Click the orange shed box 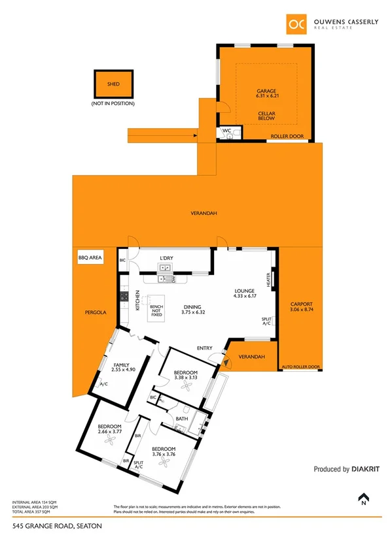113,84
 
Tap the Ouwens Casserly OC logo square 296,24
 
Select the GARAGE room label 267,91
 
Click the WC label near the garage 226,131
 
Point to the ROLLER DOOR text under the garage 286,137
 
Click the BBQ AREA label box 90,259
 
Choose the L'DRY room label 166,258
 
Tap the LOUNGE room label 244,292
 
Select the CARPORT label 302,304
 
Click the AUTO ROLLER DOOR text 300,367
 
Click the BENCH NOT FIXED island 156,310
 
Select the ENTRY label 205,348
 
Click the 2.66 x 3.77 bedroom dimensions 110,431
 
